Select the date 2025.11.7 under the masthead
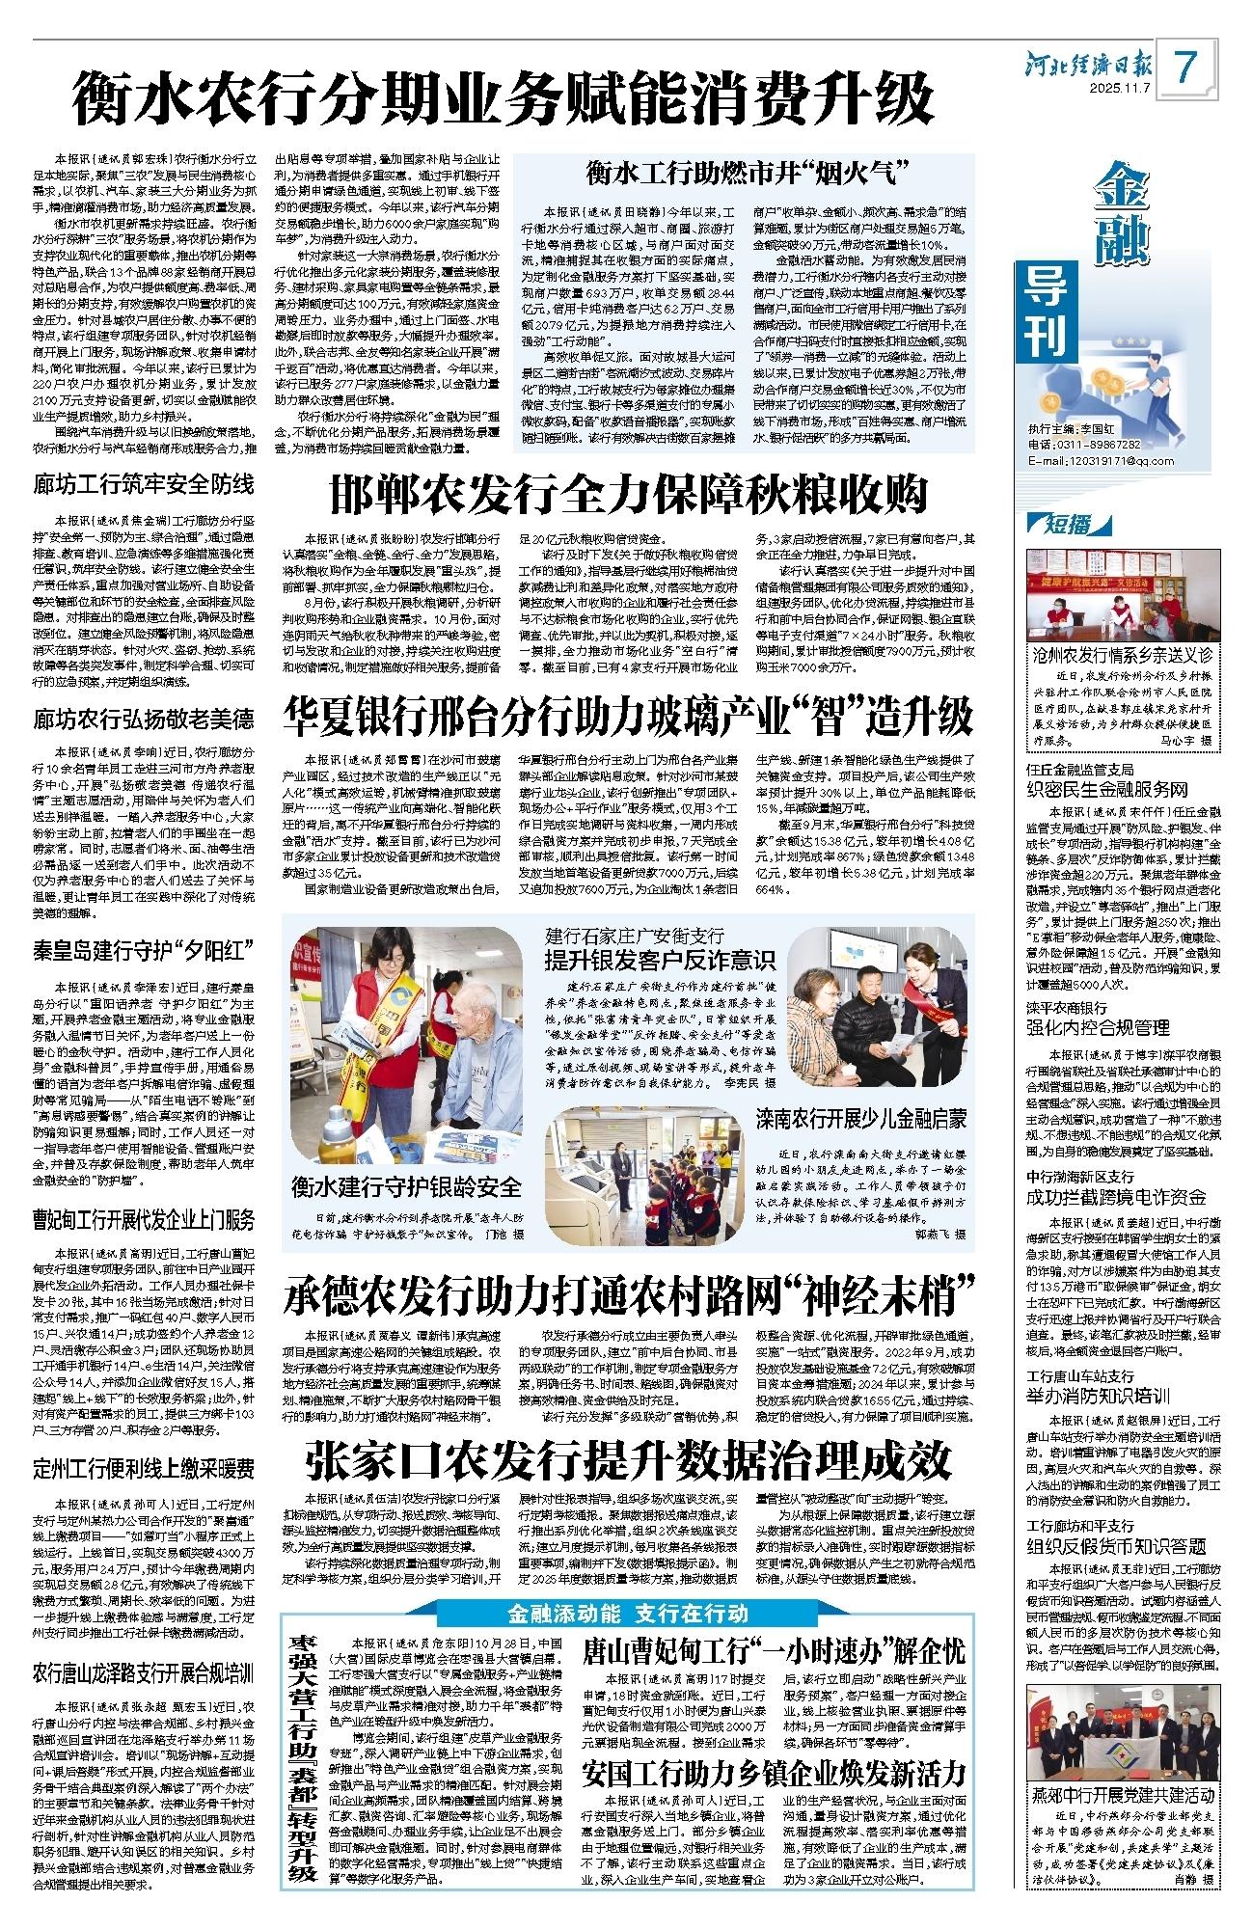[x=1122, y=90]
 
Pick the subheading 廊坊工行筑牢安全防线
[x=144, y=483]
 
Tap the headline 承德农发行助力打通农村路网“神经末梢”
[x=628, y=1297]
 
